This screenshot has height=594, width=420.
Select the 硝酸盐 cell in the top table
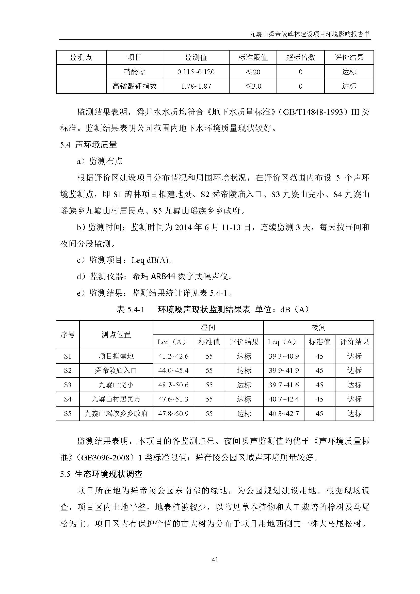(x=135, y=72)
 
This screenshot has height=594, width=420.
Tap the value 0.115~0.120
(x=196, y=72)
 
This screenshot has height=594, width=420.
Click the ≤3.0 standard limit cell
(x=253, y=86)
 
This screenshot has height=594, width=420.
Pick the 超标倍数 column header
(x=300, y=57)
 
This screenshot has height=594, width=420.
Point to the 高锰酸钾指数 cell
(x=135, y=86)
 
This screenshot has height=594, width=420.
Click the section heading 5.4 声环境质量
(x=88, y=145)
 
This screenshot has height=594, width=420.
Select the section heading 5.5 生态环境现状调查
(x=101, y=474)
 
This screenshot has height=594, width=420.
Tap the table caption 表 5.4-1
(x=130, y=309)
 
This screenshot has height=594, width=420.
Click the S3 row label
(x=68, y=385)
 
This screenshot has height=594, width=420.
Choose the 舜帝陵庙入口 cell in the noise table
(x=116, y=371)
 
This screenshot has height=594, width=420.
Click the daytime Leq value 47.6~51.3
(x=173, y=399)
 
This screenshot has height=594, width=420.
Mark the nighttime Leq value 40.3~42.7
(x=284, y=413)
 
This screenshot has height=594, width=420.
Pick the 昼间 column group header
(x=208, y=328)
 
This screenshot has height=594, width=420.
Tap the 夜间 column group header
(x=318, y=328)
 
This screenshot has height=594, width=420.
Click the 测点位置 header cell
(x=116, y=335)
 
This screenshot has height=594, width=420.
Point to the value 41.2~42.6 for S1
(x=173, y=356)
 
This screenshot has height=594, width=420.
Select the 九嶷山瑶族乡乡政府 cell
(x=116, y=413)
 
